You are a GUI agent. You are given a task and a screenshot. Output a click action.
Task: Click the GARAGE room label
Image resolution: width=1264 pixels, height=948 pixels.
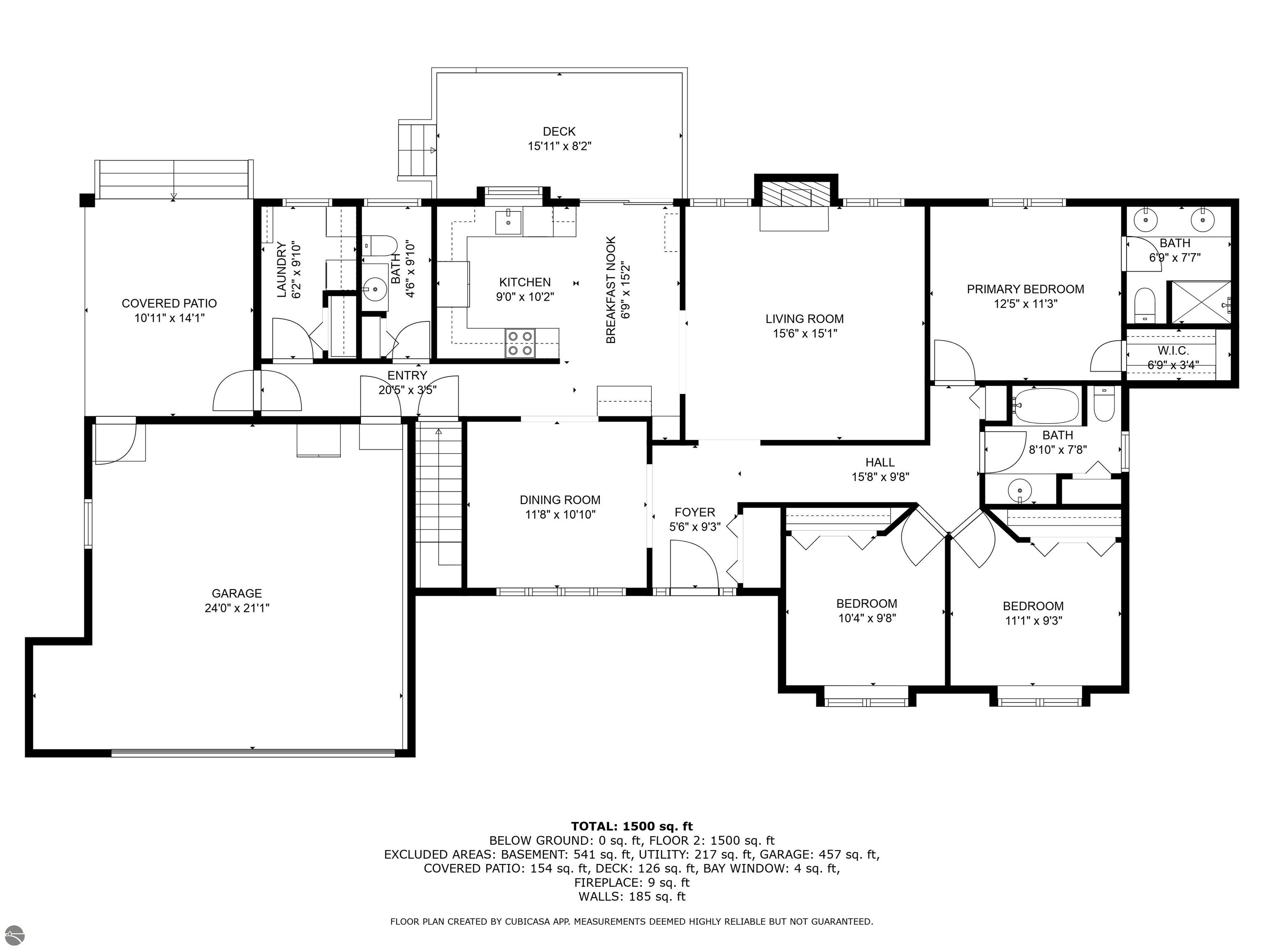(x=237, y=594)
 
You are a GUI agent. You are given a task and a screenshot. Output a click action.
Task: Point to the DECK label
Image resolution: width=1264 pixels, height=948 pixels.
(x=559, y=131)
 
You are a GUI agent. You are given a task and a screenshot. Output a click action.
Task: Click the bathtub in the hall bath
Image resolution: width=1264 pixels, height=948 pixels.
(x=1046, y=406)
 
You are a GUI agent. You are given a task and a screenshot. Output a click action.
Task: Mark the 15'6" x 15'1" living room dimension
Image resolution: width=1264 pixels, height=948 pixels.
(x=804, y=334)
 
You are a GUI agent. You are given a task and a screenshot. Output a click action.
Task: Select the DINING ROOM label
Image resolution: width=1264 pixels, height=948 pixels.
(x=560, y=500)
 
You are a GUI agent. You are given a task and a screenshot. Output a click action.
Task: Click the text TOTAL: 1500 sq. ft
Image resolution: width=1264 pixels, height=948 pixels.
(x=632, y=826)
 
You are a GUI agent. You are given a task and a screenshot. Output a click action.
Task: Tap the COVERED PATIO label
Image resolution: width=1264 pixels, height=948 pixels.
(x=169, y=303)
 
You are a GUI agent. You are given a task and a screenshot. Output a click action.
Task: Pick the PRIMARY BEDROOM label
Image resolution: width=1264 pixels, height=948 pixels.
(x=1025, y=289)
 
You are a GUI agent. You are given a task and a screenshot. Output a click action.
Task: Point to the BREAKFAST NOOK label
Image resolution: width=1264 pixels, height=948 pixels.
(x=611, y=290)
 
